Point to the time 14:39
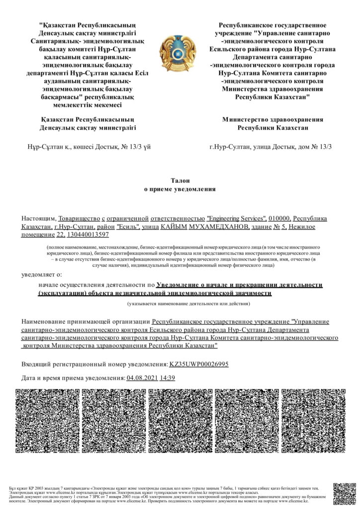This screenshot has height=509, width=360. [167, 378]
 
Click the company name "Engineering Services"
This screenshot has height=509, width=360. [236, 219]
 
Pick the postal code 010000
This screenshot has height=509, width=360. [279, 219]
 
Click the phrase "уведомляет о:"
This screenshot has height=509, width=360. [42, 274]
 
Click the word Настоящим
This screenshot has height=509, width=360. [38, 219]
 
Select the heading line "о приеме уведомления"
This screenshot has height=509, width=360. [180, 189]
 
